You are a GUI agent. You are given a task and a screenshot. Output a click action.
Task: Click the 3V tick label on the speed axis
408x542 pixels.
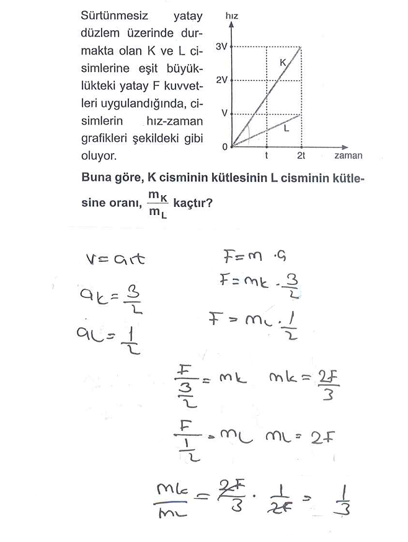pyautogui.click(x=222, y=46)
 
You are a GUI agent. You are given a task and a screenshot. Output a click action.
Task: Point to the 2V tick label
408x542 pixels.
pyautogui.click(x=222, y=81)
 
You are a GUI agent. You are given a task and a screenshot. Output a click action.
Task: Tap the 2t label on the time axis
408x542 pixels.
pyautogui.click(x=301, y=156)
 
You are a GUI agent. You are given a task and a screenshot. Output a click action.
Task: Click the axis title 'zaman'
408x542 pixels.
pyautogui.click(x=348, y=156)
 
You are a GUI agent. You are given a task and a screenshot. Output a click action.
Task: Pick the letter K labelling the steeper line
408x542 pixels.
pyautogui.click(x=283, y=63)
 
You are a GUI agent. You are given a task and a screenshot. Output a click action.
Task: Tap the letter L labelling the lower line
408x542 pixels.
pyautogui.click(x=286, y=129)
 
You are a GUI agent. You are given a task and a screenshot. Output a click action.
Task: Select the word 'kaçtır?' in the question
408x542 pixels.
pyautogui.click(x=194, y=201)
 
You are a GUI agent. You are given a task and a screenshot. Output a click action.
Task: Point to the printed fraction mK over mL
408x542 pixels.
pyautogui.click(x=157, y=203)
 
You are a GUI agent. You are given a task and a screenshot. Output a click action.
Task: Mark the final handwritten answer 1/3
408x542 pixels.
pyautogui.click(x=345, y=499)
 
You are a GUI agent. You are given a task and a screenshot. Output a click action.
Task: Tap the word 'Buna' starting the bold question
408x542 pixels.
pyautogui.click(x=96, y=177)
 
